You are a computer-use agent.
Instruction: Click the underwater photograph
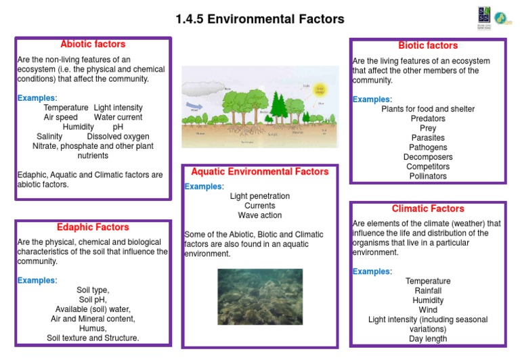260,296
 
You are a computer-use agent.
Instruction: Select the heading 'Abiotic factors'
93,45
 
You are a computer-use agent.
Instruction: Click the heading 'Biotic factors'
428,46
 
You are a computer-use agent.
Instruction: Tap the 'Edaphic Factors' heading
93,227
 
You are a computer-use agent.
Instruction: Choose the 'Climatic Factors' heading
428,209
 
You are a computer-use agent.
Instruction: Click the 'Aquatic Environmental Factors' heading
260,172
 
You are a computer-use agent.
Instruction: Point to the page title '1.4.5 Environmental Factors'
260,19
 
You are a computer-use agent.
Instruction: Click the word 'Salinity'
49,136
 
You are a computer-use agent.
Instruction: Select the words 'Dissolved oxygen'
118,136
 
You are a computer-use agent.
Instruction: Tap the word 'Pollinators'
428,176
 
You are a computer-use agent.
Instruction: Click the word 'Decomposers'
428,157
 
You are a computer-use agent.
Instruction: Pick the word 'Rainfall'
428,291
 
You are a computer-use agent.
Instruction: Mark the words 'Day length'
428,339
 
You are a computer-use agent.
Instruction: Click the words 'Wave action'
260,215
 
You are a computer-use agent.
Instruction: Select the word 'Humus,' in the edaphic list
93,328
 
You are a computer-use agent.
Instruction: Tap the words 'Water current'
118,117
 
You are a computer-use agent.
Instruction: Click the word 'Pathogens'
428,148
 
